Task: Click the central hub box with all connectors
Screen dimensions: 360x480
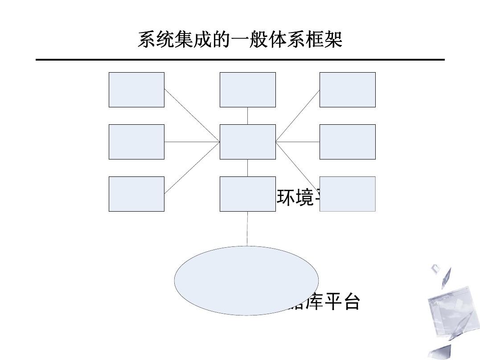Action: pos(247,142)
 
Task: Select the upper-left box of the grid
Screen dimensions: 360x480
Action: pos(136,90)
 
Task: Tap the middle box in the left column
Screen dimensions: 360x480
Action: pos(136,142)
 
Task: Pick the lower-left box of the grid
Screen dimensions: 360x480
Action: pos(136,194)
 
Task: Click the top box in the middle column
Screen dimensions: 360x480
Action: pos(247,90)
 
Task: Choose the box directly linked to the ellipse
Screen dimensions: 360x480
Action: pos(247,194)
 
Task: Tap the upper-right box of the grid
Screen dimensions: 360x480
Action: pos(347,90)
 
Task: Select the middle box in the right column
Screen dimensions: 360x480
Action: pos(347,142)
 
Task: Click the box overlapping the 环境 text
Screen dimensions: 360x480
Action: pos(347,194)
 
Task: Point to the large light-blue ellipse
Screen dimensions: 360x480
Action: pos(246,281)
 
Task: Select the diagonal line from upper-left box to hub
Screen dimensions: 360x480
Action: pos(192,115)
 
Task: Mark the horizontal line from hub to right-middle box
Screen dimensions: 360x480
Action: pos(297,142)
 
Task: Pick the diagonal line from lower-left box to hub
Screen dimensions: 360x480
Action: pos(192,168)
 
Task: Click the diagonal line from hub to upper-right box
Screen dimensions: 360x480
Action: pos(297,116)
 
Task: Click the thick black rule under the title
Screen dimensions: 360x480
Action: pos(240,59)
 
